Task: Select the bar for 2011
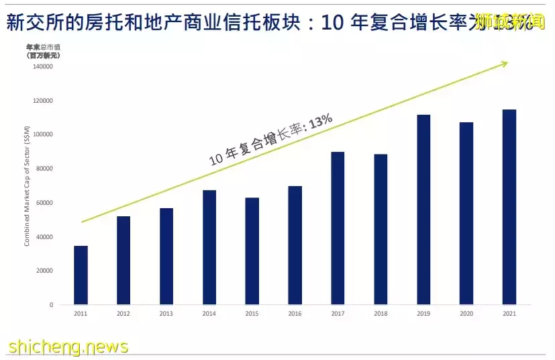pyautogui.click(x=81, y=275)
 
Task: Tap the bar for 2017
pyautogui.click(x=338, y=228)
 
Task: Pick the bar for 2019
pyautogui.click(x=423, y=210)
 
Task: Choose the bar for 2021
pyautogui.click(x=509, y=207)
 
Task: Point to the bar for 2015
pyautogui.click(x=252, y=251)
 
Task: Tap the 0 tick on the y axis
pyautogui.click(x=51, y=305)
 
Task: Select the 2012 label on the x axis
pyautogui.click(x=123, y=314)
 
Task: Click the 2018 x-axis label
pyautogui.click(x=381, y=314)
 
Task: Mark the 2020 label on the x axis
pyautogui.click(x=466, y=314)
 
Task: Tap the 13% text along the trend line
pyautogui.click(x=321, y=121)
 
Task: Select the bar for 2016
pyautogui.click(x=295, y=245)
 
